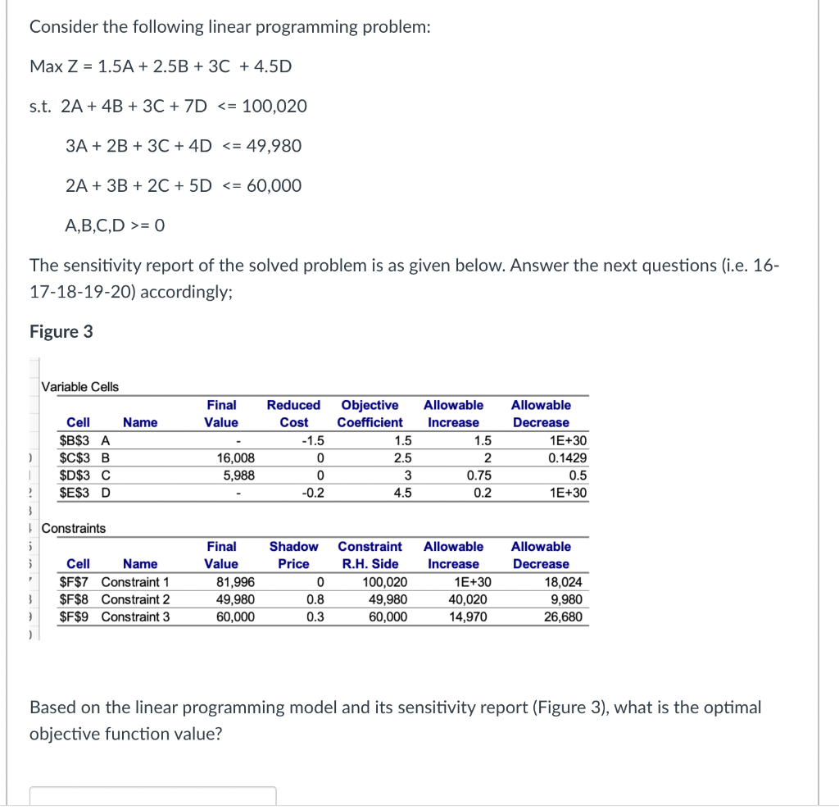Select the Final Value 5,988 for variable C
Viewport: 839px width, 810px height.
[x=238, y=476]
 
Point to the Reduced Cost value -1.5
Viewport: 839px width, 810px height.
[x=314, y=441]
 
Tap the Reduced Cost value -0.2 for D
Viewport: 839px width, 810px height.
[x=314, y=493]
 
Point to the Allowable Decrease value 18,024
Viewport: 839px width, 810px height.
[x=564, y=582]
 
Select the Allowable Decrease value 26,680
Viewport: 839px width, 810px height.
[x=564, y=617]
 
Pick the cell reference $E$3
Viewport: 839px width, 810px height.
[x=76, y=493]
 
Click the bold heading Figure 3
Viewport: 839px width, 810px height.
[x=61, y=332]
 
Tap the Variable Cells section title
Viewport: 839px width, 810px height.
[x=80, y=387]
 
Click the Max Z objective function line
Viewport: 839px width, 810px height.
[x=161, y=66]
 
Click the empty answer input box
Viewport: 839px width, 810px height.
[x=153, y=797]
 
